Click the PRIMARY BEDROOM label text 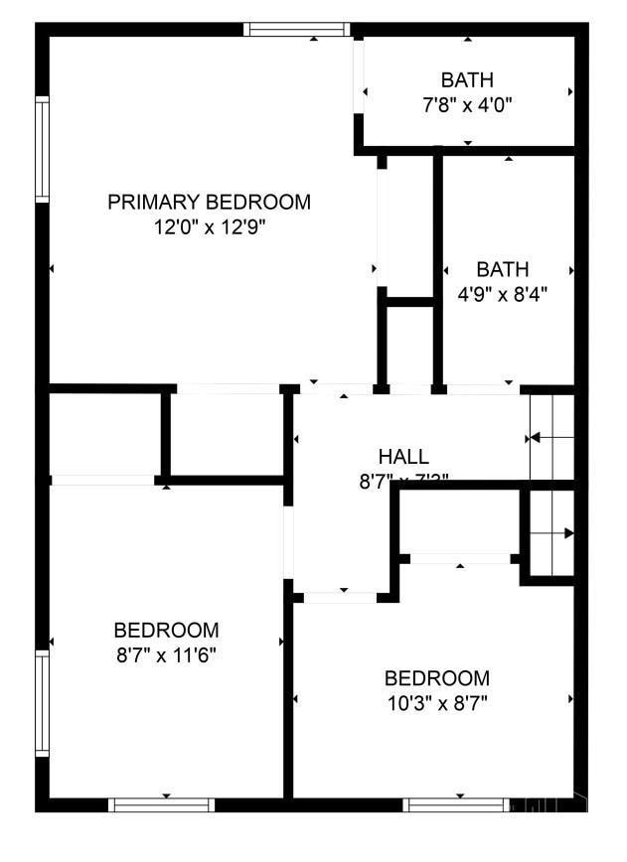click(x=209, y=203)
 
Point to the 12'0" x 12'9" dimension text click(x=209, y=227)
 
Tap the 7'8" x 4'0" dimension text click(x=467, y=103)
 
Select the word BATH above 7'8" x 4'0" click(x=467, y=80)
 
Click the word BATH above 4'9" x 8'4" click(x=502, y=270)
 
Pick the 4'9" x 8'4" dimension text click(x=502, y=294)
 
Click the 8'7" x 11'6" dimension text click(x=166, y=654)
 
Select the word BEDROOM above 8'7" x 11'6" click(x=166, y=631)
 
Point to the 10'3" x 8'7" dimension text click(x=436, y=703)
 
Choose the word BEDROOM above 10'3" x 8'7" click(x=436, y=679)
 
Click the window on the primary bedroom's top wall click(x=297, y=30)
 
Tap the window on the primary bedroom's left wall click(x=43, y=150)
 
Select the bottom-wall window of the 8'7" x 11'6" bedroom click(x=161, y=804)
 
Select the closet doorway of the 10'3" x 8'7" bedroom click(x=460, y=559)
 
